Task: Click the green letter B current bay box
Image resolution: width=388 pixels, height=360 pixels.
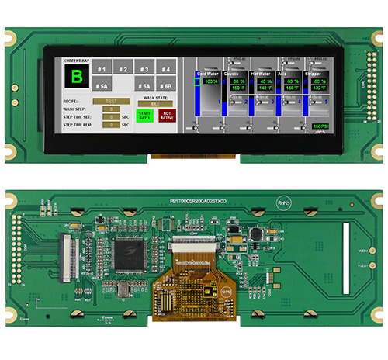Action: coord(76,76)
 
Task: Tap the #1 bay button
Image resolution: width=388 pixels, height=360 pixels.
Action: coord(102,69)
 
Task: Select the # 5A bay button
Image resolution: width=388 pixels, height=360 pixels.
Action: coord(102,87)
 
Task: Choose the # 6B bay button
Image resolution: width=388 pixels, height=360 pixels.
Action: coord(165,87)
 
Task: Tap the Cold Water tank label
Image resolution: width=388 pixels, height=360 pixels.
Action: coord(207,74)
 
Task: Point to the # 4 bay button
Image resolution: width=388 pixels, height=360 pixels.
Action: coord(165,69)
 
